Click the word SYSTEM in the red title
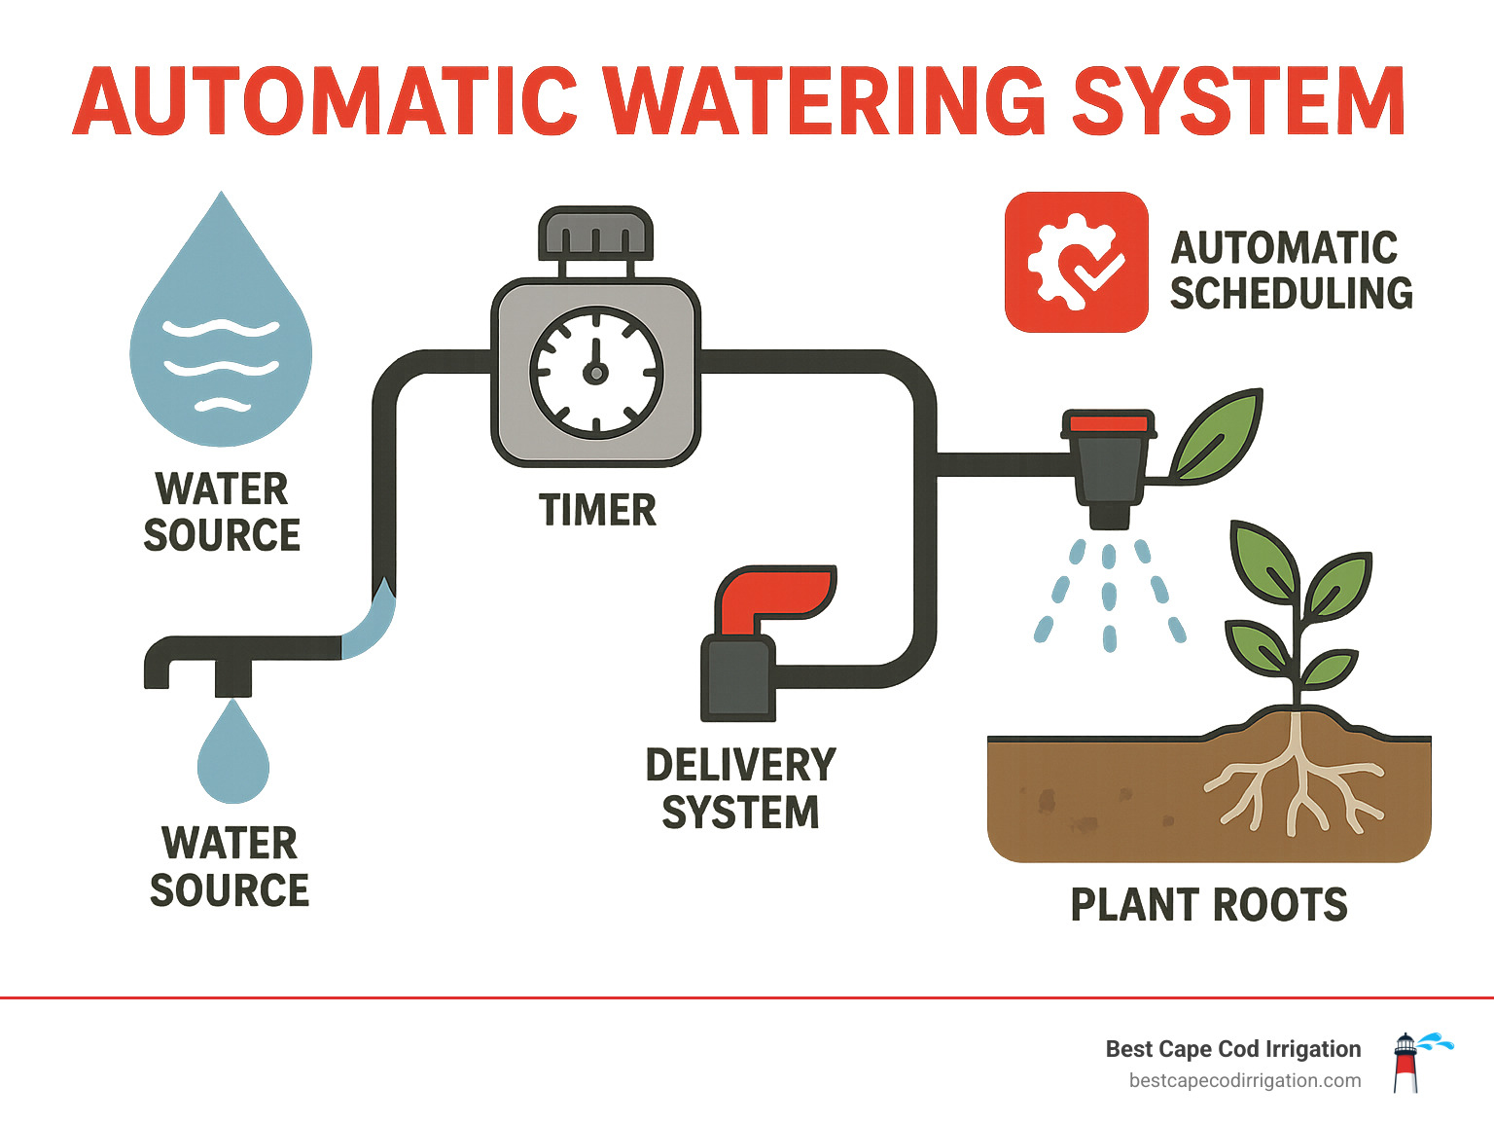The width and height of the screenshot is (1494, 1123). point(1238,101)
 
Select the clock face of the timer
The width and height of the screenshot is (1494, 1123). point(595,372)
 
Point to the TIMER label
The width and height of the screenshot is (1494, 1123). point(597,510)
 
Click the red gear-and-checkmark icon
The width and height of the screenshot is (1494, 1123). point(1076,262)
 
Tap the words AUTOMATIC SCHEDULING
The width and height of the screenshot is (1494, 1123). point(1290,271)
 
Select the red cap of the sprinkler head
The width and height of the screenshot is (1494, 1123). point(1110,423)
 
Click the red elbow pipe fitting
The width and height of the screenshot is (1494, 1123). point(774,596)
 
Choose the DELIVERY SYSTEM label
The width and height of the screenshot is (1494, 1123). point(740,788)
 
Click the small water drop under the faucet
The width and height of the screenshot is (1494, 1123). point(233,754)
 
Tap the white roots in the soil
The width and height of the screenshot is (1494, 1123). point(1295,779)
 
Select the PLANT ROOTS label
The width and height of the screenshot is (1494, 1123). point(1209,905)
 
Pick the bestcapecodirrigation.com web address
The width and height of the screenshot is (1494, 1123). point(1244,1080)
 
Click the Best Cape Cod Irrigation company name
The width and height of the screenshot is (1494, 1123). point(1232,1049)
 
